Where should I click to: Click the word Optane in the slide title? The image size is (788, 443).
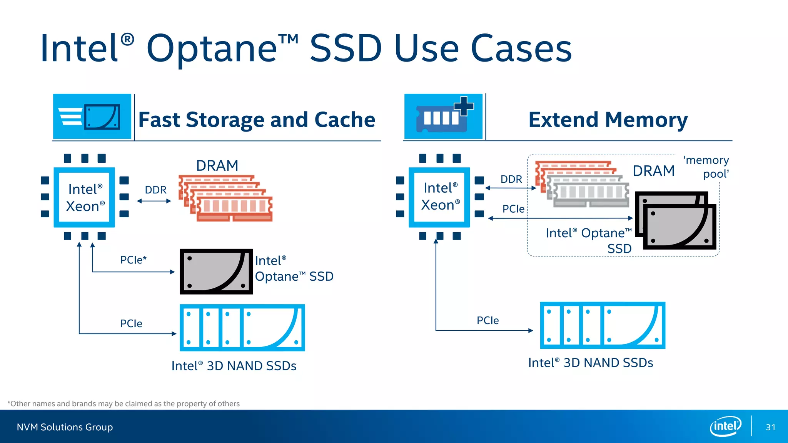tap(212, 49)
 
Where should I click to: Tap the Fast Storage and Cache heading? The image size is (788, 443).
tap(257, 120)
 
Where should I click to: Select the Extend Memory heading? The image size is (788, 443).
tap(608, 120)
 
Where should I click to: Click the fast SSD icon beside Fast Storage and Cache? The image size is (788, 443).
tap(92, 116)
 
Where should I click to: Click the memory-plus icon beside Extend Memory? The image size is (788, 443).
tap(443, 116)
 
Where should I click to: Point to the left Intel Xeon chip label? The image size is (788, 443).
tap(85, 198)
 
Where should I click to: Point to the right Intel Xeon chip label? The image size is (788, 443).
tap(440, 197)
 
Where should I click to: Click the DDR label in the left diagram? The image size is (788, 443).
tap(155, 190)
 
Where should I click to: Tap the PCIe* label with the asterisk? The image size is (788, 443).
tap(133, 260)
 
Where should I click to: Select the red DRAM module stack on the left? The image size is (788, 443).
tap(225, 198)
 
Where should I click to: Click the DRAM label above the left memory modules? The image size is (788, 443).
tap(217, 166)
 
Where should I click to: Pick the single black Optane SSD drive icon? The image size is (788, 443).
tap(216, 271)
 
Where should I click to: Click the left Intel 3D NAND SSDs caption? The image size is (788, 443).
tap(234, 366)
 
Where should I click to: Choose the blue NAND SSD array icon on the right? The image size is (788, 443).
tap(603, 325)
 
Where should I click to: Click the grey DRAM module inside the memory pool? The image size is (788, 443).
tap(589, 191)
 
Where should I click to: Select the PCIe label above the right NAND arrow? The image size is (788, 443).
tap(487, 320)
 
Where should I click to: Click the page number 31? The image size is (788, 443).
tap(770, 427)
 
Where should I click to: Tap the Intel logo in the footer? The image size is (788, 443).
tap(725, 426)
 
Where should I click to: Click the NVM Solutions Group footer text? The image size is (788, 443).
tap(65, 427)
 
